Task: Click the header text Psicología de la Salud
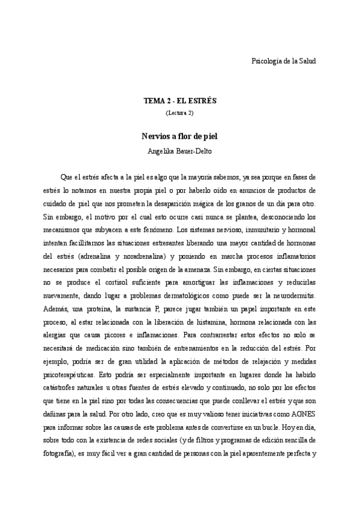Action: [x=282, y=61]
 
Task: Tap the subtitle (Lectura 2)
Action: [x=179, y=112]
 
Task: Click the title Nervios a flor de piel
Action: [x=179, y=136]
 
